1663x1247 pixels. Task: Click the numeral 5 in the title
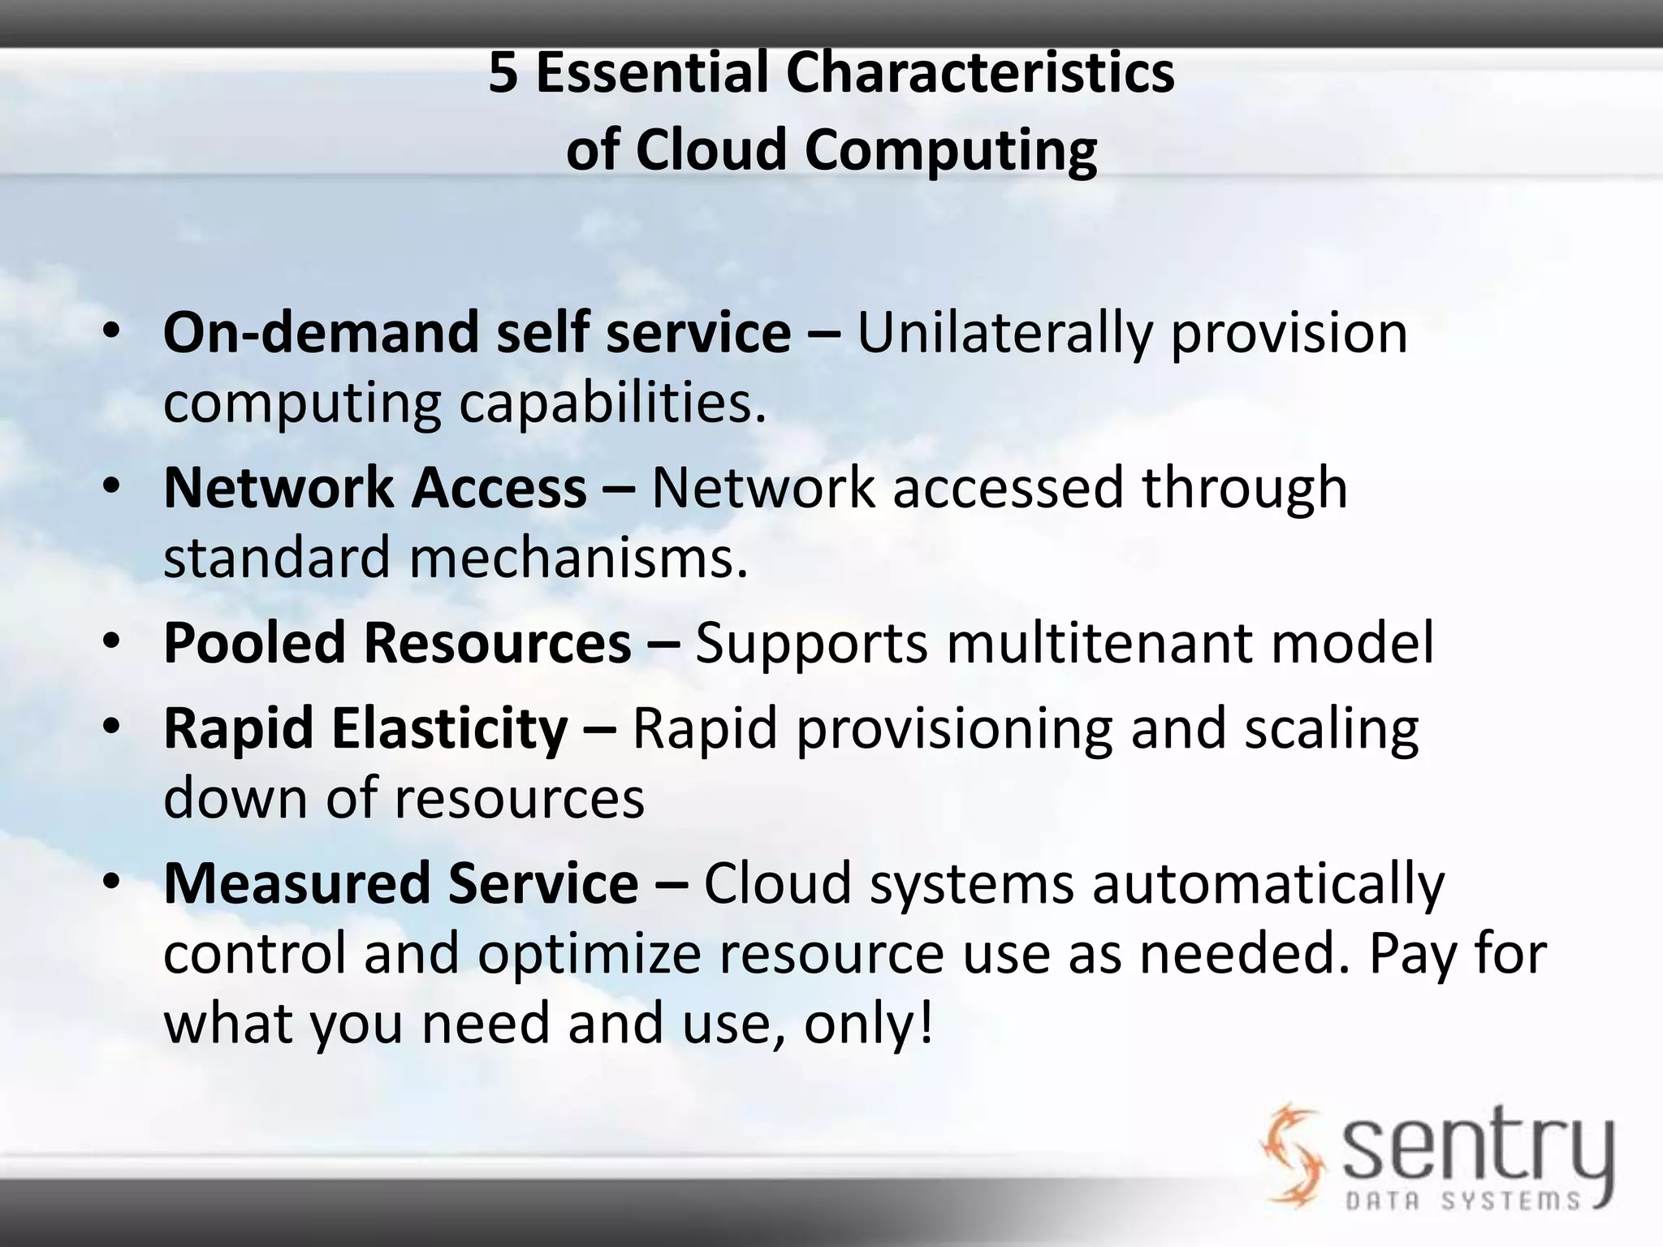tap(503, 74)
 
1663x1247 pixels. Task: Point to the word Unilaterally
tap(1004, 334)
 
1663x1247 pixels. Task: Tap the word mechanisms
tap(577, 558)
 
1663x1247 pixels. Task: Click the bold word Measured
tap(296, 883)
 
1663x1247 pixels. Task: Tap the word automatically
tap(1268, 884)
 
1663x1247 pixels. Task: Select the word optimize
tap(589, 954)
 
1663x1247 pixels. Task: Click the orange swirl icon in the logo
tap(1290, 1153)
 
